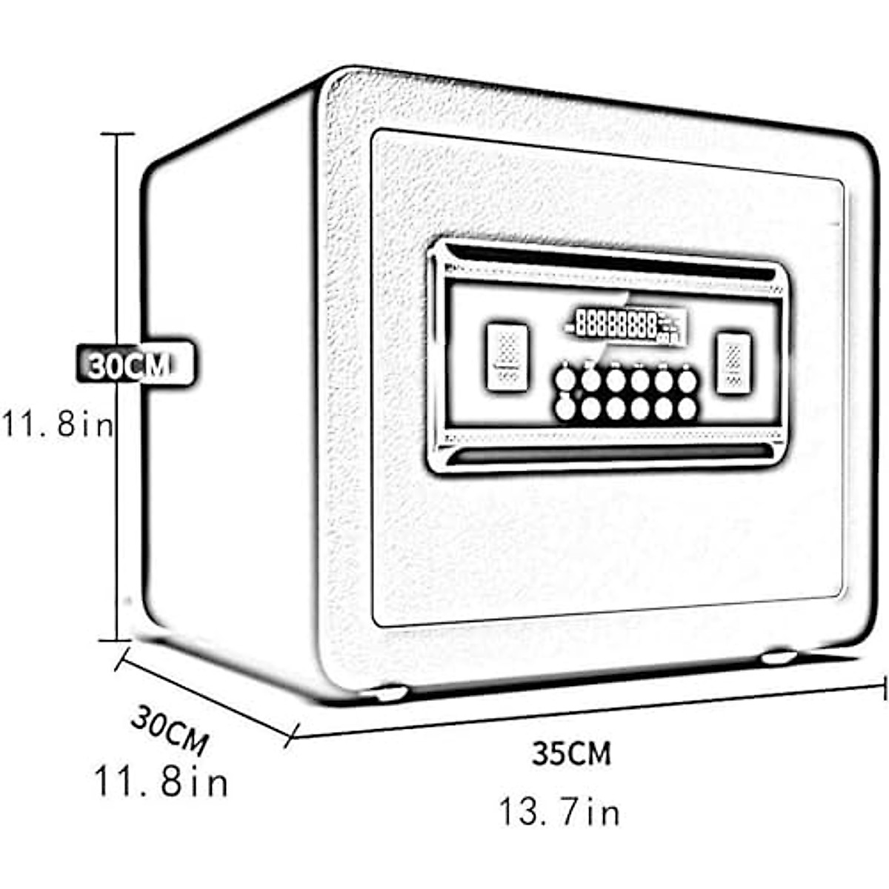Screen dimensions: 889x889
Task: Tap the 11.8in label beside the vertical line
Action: click(x=57, y=425)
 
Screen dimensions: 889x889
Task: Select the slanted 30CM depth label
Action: click(x=170, y=730)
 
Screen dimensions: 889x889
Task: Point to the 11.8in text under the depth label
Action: click(x=161, y=782)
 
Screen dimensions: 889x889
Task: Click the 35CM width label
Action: click(x=571, y=754)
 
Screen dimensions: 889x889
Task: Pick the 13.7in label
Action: click(x=559, y=812)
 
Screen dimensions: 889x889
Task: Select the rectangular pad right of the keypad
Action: click(x=734, y=362)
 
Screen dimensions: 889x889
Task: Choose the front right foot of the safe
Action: click(x=778, y=656)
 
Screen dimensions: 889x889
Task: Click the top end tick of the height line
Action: click(x=117, y=134)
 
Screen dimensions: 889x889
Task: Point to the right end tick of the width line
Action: click(x=885, y=686)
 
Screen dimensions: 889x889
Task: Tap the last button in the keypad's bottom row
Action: click(x=687, y=408)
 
